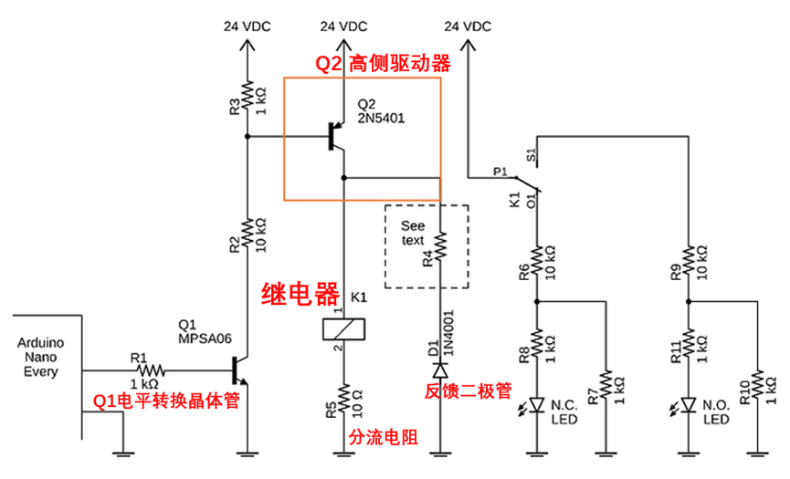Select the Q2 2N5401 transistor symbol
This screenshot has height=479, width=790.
336,137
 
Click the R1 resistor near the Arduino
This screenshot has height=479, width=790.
148,371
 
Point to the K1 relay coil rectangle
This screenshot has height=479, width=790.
343,329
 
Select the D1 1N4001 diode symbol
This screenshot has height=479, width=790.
441,371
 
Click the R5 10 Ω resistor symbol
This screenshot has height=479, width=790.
343,398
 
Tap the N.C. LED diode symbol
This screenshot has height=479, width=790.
537,404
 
